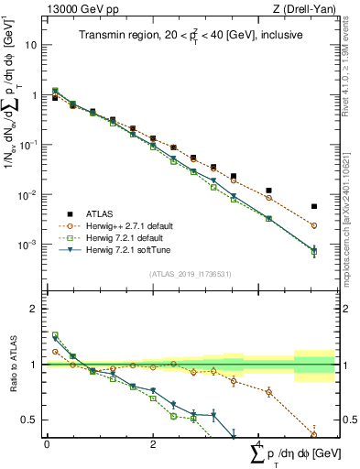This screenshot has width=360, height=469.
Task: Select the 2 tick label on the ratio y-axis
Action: click(34, 309)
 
